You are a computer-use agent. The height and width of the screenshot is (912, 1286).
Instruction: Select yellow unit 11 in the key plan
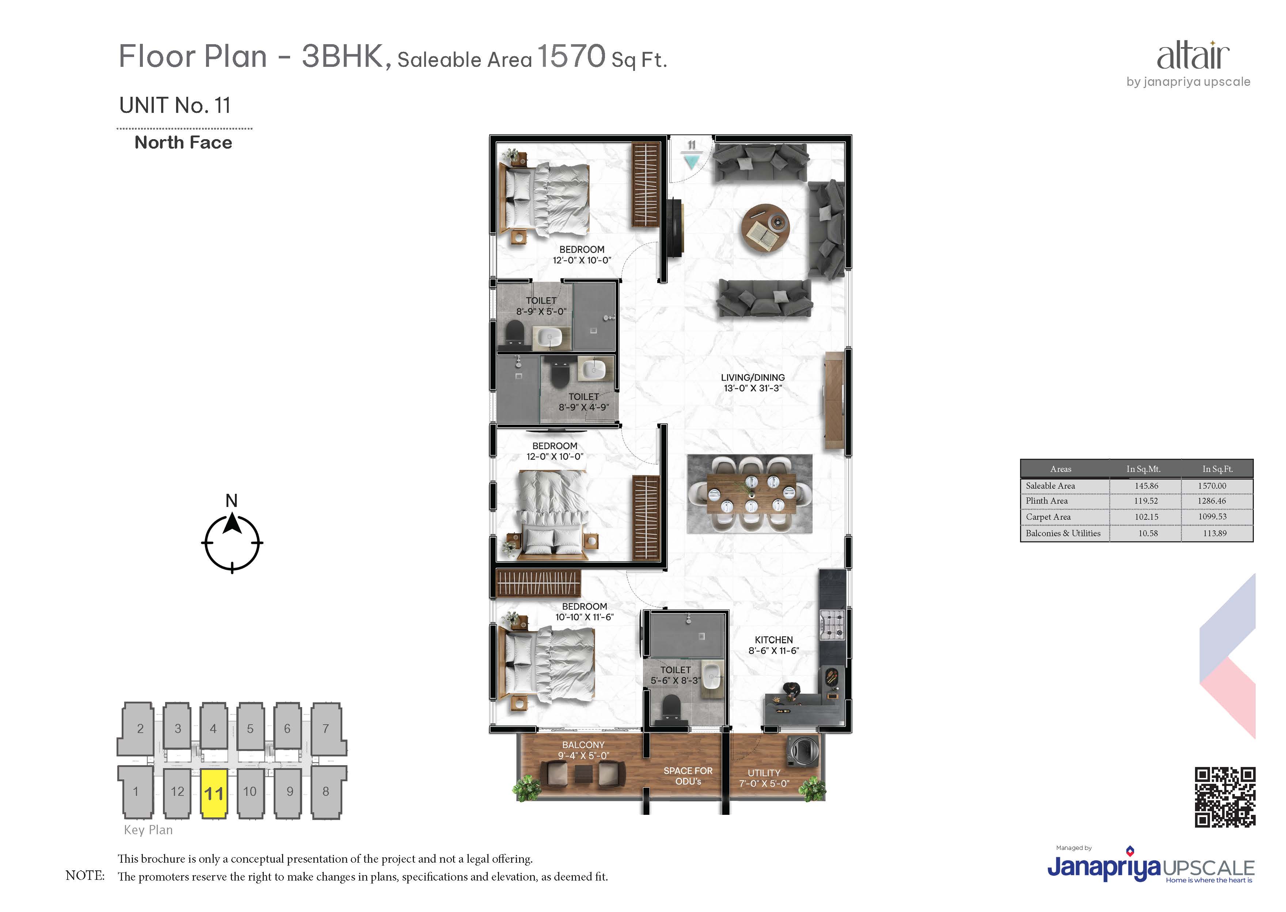pos(214,792)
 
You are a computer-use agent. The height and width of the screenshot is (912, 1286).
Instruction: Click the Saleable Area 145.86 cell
pos(1147,486)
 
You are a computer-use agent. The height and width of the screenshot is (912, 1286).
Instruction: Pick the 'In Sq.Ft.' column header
pos(1217,469)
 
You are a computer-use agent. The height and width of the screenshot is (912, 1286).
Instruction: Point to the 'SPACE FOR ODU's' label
pos(688,776)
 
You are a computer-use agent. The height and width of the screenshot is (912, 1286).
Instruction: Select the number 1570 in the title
pos(571,56)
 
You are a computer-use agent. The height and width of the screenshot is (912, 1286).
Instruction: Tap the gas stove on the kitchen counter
pos(832,626)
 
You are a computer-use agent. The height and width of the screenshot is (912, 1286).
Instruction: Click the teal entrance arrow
pos(691,162)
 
